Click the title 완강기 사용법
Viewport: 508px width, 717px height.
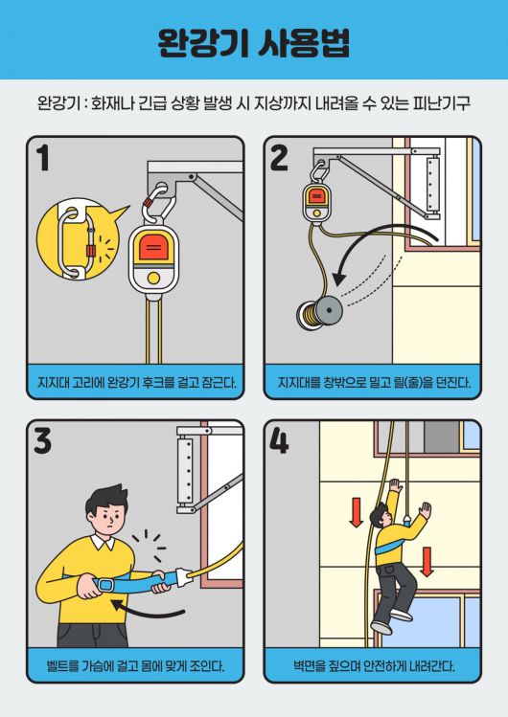254,42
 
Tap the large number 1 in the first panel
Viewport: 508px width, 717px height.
43,158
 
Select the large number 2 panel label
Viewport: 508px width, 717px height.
279,158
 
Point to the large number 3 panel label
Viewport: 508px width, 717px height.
42,440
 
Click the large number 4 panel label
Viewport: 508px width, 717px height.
279,440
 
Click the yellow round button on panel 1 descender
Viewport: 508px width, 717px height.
154,278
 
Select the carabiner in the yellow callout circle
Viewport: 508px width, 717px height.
75,242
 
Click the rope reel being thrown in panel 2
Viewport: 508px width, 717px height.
319,312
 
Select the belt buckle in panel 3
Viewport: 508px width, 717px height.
106,585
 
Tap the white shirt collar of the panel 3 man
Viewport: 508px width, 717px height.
103,543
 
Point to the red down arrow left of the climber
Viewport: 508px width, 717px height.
356,512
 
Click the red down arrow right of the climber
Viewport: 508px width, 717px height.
427,561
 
